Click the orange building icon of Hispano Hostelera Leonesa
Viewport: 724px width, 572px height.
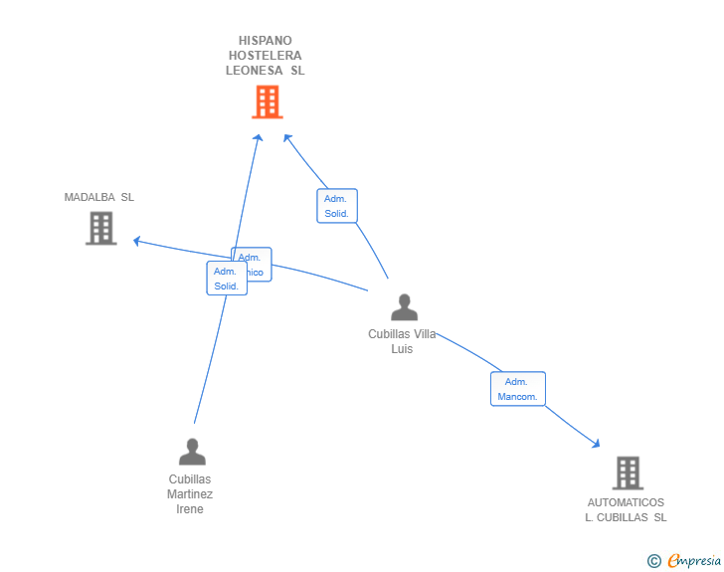tap(267, 101)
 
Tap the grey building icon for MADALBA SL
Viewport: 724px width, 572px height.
tap(100, 228)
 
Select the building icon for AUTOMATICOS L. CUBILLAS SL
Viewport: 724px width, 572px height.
tap(627, 473)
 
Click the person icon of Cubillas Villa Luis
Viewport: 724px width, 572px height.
tap(404, 307)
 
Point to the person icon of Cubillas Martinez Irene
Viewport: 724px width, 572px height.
tap(192, 453)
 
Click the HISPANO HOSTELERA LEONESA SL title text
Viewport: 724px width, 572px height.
tap(265, 56)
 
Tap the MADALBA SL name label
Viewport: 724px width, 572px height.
tap(99, 197)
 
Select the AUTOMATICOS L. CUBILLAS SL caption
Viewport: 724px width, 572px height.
tap(626, 509)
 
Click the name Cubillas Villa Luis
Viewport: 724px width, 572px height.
tap(402, 341)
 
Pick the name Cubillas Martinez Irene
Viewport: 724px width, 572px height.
tap(190, 493)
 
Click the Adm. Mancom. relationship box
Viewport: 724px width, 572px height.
tap(517, 389)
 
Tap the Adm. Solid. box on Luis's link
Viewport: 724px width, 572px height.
tap(336, 206)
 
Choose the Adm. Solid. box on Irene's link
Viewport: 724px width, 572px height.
tap(226, 279)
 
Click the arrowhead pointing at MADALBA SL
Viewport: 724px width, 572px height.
tap(137, 240)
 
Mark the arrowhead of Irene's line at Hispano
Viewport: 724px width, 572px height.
tap(259, 137)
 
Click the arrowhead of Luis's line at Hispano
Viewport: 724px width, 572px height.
tap(286, 137)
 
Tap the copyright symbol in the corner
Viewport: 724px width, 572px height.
tap(653, 561)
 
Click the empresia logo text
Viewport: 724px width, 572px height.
tap(694, 561)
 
